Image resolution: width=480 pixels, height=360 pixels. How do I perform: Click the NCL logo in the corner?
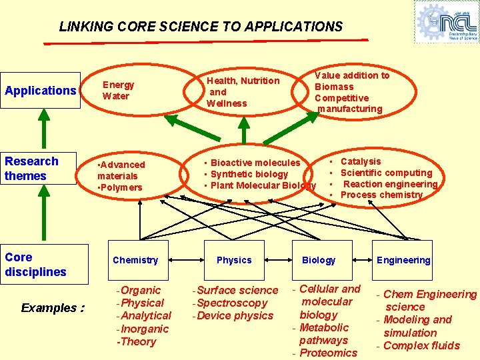point(446,21)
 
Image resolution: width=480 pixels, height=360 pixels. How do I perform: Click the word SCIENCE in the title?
point(188,27)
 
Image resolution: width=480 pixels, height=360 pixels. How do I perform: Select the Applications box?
point(41,90)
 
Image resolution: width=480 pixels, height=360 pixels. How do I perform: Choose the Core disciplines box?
point(45,265)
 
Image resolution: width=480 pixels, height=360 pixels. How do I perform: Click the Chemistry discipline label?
point(135,260)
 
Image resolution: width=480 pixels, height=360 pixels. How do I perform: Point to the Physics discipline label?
point(234,260)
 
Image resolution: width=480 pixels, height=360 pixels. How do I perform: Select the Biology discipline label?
point(319,260)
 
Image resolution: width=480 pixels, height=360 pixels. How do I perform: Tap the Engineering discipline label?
point(403,260)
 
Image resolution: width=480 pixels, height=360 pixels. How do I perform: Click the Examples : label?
point(53,308)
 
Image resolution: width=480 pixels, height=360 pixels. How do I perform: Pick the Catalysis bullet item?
point(361,161)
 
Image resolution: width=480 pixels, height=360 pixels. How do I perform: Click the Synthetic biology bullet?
point(249,174)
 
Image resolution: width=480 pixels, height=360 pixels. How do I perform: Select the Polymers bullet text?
point(121,187)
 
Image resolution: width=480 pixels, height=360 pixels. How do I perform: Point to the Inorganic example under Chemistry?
point(143,329)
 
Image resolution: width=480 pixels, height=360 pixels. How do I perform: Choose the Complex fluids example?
point(421,345)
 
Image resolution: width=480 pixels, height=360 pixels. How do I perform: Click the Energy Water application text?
point(118,90)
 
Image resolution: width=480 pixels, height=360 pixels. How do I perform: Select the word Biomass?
point(334,87)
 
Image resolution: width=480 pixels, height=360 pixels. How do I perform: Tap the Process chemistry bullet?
point(381,195)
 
